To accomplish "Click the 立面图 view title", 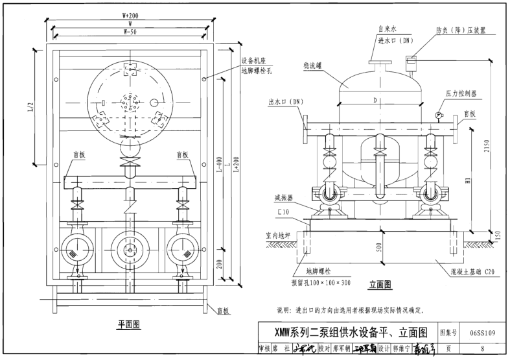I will [x=381, y=283].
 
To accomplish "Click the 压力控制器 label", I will [x=461, y=94].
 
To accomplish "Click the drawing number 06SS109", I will [x=484, y=333].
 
